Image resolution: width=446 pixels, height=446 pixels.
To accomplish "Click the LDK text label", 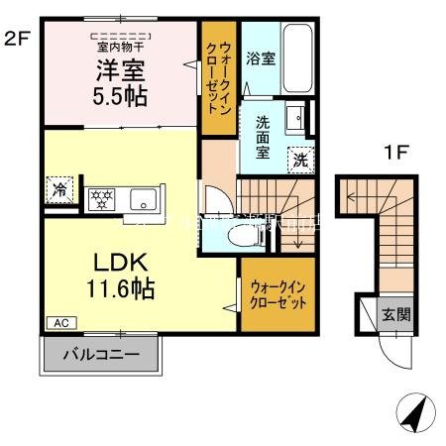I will [121, 265].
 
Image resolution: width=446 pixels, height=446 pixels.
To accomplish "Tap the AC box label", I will [58, 323].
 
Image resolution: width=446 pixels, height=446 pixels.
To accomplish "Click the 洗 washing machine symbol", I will [298, 159].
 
